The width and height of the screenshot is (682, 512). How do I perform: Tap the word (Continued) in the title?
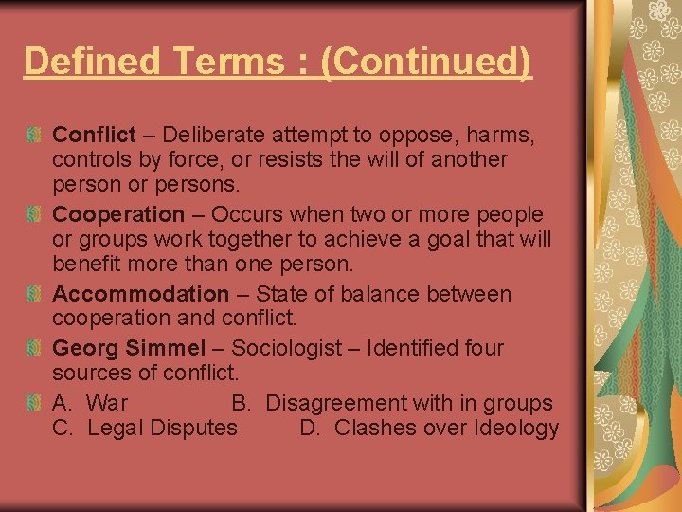(x=427, y=62)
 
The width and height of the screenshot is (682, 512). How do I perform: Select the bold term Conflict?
(x=94, y=135)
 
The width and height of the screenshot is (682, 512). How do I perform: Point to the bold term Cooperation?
(x=118, y=214)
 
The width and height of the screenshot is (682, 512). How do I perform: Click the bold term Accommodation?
(x=140, y=295)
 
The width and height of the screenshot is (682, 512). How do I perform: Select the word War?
(x=107, y=403)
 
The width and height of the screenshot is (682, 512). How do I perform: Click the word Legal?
(x=113, y=428)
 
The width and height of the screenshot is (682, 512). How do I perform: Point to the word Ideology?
(x=516, y=428)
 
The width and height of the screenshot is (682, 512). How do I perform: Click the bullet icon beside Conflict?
(x=34, y=136)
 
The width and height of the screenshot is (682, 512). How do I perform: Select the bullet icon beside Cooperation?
(x=34, y=215)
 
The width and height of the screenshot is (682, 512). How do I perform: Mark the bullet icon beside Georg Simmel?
(x=34, y=349)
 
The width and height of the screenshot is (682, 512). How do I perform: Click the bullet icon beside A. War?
(x=34, y=404)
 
